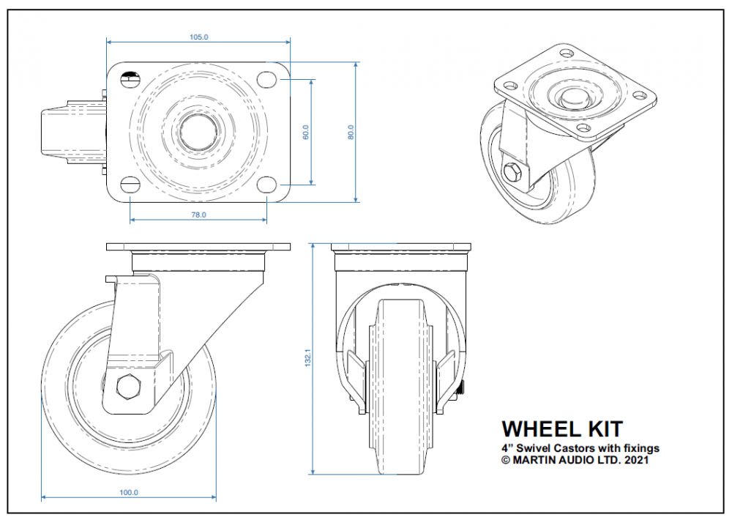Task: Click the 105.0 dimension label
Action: coord(198,37)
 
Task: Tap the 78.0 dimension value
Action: coord(198,215)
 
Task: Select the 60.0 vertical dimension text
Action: coord(306,132)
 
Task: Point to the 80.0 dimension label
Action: coord(351,133)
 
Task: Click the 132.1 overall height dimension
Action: coord(308,358)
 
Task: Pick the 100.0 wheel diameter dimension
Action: coord(128,493)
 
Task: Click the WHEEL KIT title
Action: coord(561,428)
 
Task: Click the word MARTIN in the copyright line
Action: coord(539,460)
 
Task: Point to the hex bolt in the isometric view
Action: coord(512,174)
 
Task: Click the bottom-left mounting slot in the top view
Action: coord(129,184)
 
